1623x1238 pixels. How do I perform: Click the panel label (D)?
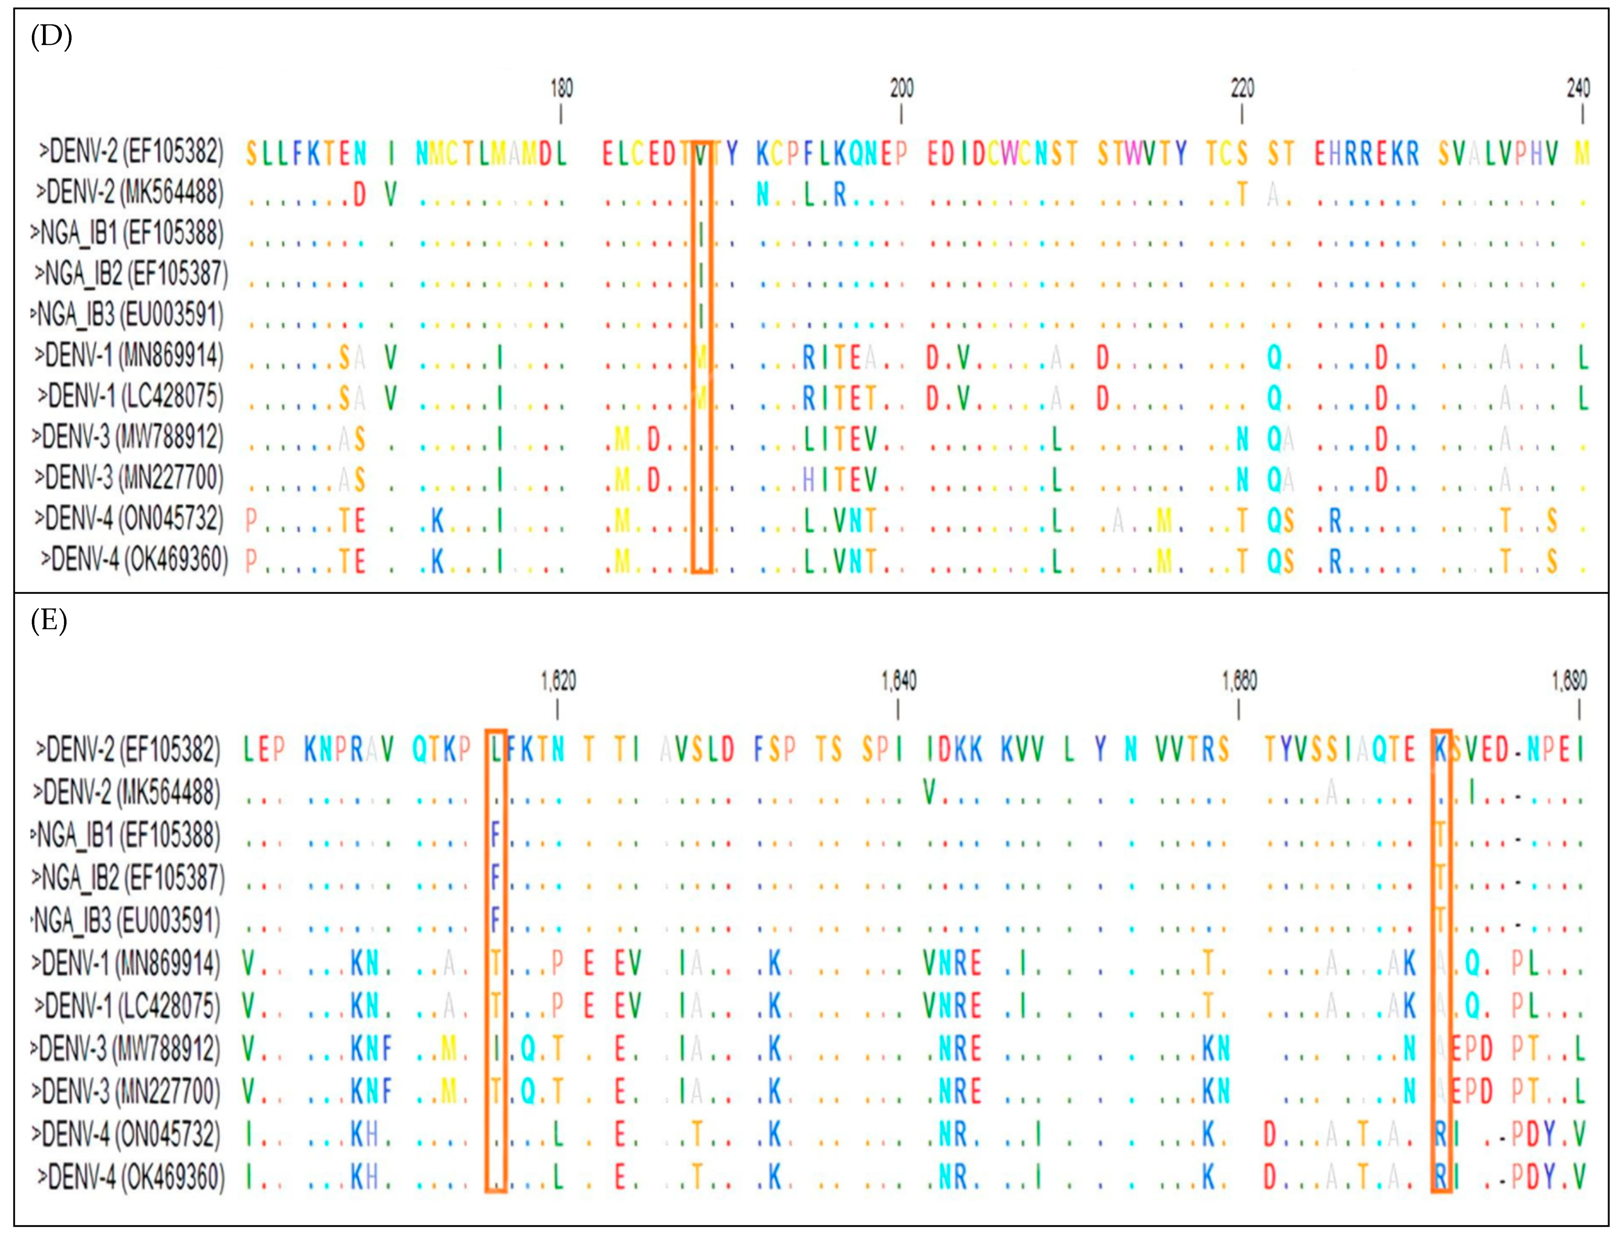click(51, 35)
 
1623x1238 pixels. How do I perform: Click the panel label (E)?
click(49, 620)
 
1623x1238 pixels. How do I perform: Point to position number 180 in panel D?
click(562, 88)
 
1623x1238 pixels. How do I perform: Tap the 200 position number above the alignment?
click(901, 88)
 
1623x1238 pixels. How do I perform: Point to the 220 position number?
click(1242, 88)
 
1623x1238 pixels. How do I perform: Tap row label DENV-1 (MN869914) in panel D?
click(128, 355)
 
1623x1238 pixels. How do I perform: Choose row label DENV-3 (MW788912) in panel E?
click(125, 1049)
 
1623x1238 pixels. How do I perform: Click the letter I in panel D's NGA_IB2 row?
click(702, 275)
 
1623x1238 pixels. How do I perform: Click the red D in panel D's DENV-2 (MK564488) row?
click(359, 194)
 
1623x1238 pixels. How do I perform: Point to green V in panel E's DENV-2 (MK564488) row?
click(930, 792)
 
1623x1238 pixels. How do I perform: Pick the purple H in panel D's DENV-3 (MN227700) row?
click(808, 480)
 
